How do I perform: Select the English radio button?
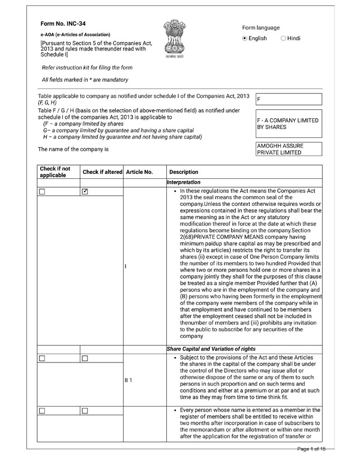click(245, 38)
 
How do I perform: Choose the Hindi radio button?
click(283, 38)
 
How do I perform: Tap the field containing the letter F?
click(288, 100)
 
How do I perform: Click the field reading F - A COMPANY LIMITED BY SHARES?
click(288, 124)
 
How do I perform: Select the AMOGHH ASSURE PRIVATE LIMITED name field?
click(288, 149)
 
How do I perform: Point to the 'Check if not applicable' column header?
click(55, 172)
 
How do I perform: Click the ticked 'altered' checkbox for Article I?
click(85, 191)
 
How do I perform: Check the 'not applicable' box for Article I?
click(42, 191)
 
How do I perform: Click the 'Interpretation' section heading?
click(184, 182)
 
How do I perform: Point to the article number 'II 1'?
click(129, 380)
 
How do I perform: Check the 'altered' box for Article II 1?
click(85, 359)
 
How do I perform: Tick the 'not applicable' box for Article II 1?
click(42, 359)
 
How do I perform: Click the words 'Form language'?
click(261, 28)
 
